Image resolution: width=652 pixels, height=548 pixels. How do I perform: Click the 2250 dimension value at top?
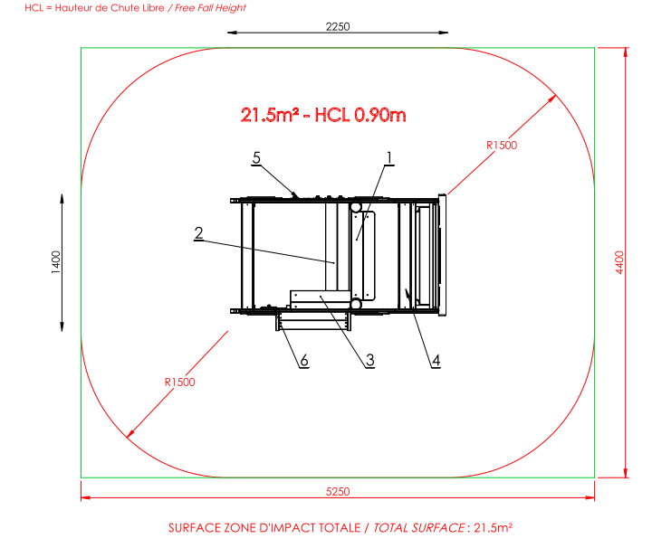pyautogui.click(x=338, y=26)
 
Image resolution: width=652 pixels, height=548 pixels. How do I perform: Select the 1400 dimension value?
pyautogui.click(x=56, y=262)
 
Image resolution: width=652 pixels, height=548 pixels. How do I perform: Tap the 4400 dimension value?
pyautogui.click(x=619, y=262)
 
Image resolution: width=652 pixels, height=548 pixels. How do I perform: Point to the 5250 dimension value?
pyautogui.click(x=338, y=492)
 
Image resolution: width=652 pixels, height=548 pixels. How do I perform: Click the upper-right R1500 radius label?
pyautogui.click(x=502, y=146)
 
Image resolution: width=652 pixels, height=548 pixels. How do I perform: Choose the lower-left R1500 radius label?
pyautogui.click(x=179, y=382)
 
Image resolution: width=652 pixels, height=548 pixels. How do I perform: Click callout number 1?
pyautogui.click(x=389, y=158)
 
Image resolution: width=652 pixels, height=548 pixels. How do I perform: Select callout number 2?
pyautogui.click(x=198, y=233)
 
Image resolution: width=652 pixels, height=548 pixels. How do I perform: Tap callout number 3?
pyautogui.click(x=370, y=360)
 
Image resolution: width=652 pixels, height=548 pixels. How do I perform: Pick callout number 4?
pyautogui.click(x=436, y=360)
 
